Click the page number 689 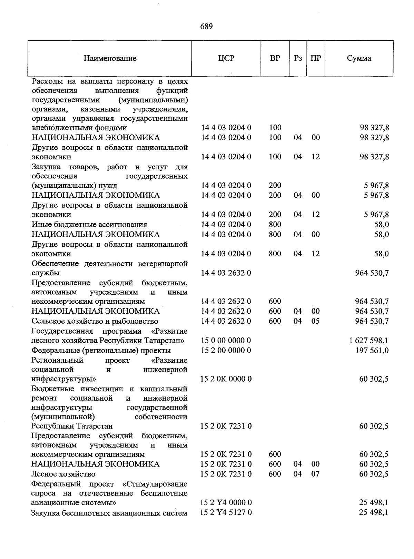(x=206, y=27)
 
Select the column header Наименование (x=110, y=58)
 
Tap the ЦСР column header (x=226, y=58)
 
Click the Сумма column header (x=359, y=58)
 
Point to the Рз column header (x=298, y=58)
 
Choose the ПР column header (x=315, y=58)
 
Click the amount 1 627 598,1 (x=368, y=341)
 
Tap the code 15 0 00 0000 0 (x=226, y=341)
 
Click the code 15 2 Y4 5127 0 (x=226, y=512)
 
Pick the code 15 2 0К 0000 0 (x=226, y=379)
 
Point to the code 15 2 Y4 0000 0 (x=226, y=502)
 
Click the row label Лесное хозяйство (x=63, y=474)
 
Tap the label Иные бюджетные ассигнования (x=89, y=225)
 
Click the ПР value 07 (x=315, y=474)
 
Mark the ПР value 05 (x=315, y=321)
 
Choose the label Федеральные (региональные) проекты (x=101, y=351)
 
